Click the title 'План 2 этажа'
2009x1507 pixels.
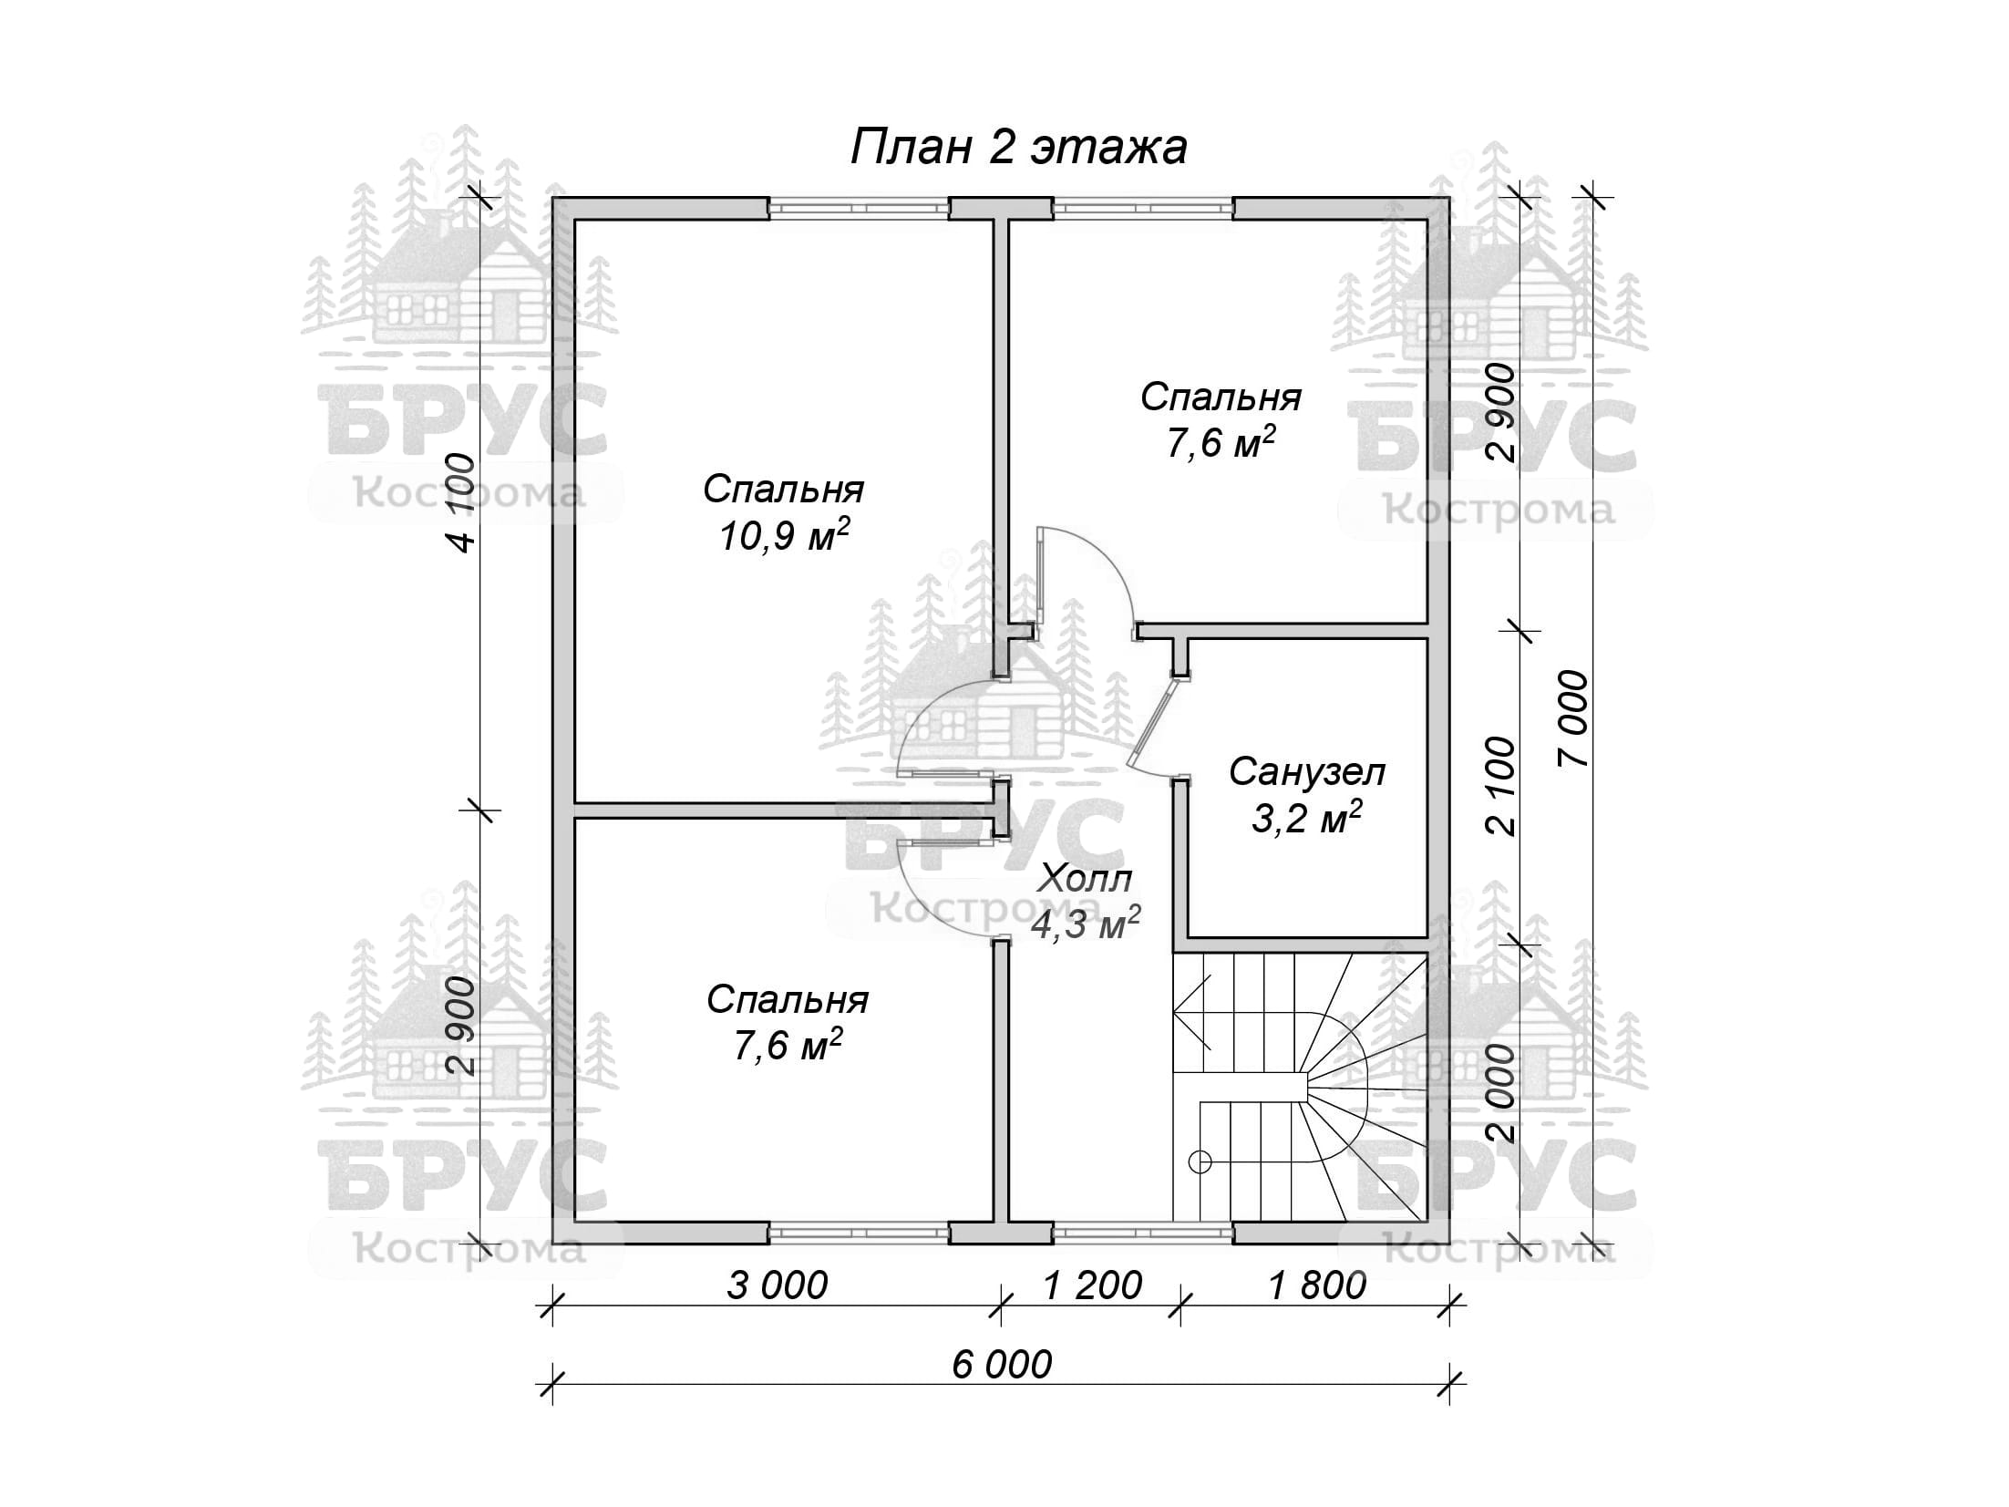1019,148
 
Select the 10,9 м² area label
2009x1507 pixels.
784,536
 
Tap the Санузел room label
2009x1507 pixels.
1306,772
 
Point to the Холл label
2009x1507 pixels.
1086,879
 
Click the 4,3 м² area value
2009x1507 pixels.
1085,924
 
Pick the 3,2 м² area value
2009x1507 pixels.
1306,819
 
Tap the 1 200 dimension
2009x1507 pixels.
1092,1285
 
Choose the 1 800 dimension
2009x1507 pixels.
1317,1285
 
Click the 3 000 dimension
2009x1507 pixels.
777,1285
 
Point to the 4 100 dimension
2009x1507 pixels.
461,502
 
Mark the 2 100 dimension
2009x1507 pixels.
1499,786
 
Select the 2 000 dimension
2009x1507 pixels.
1499,1093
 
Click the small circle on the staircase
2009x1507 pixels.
1200,1161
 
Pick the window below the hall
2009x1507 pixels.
1143,1233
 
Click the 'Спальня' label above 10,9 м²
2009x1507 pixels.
784,490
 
